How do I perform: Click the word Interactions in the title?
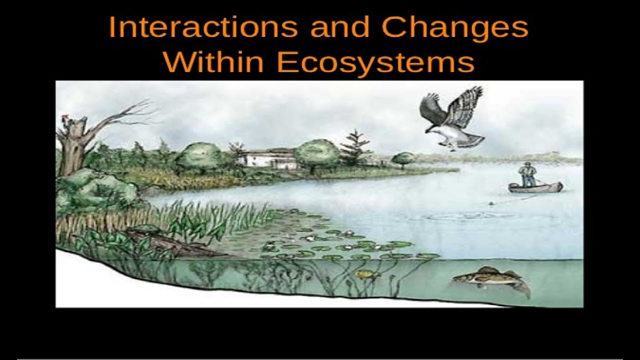click(202, 27)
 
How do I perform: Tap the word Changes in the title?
click(454, 27)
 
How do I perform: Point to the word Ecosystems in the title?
click(375, 63)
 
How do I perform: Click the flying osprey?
click(452, 120)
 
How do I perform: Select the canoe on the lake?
click(535, 187)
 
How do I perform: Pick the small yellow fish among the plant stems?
click(364, 274)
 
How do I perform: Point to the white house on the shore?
click(267, 159)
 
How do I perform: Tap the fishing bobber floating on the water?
click(492, 203)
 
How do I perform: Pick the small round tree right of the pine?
click(403, 158)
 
